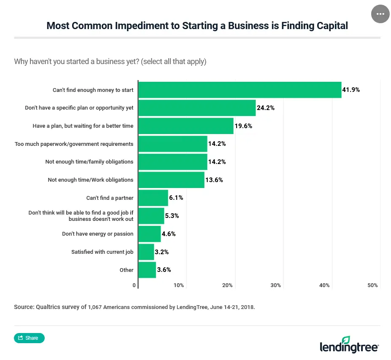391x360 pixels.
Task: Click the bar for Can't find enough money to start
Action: [240, 90]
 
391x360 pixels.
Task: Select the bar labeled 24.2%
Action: [197, 108]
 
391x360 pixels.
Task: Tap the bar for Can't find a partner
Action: [153, 198]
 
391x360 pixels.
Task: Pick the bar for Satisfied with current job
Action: [146, 252]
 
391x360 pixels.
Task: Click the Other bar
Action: [147, 270]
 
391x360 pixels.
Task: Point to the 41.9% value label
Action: [351, 90]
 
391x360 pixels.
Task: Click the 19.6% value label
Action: [243, 126]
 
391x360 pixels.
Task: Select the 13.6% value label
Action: [214, 180]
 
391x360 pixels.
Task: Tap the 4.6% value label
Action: [169, 234]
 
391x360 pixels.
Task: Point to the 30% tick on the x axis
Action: [276, 285]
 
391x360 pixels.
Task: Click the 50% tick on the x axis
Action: [372, 285]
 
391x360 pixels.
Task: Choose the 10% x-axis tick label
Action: [179, 285]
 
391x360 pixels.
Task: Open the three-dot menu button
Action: [380, 14]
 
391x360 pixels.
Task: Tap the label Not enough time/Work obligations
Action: [90, 180]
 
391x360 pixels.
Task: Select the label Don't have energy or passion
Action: [97, 234]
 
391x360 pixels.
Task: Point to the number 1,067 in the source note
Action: [95, 307]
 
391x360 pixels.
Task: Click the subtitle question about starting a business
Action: [110, 62]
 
